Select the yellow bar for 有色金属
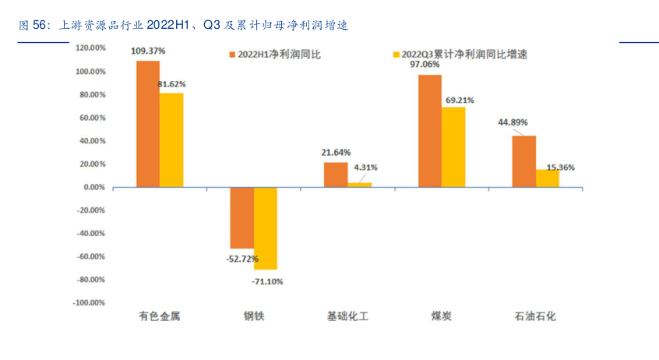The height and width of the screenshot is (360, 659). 171,140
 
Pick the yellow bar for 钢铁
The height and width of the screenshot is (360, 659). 266,228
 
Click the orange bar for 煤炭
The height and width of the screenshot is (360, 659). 430,131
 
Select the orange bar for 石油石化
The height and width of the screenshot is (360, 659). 523,161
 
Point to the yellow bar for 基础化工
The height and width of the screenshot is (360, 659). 359,185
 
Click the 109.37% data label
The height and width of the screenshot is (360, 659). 148,51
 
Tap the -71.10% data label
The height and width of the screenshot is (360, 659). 267,281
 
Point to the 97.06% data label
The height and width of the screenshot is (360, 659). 430,65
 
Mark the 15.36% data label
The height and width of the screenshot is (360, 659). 561,168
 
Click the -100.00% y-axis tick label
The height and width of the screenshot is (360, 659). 89,302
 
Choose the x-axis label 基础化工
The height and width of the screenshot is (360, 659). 347,316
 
